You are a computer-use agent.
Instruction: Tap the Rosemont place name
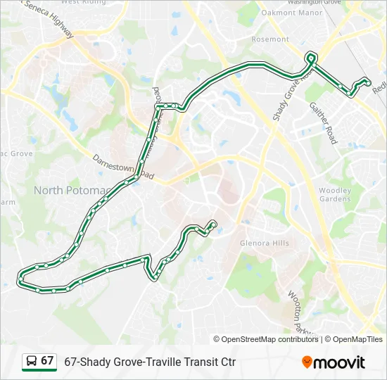point(270,39)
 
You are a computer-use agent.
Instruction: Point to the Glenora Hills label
point(264,243)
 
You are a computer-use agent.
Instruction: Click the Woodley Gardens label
point(334,194)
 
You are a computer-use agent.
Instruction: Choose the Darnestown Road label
point(123,167)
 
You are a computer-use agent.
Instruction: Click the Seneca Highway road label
point(49,18)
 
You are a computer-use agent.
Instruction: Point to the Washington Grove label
point(314,2)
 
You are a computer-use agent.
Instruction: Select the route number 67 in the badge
point(47,361)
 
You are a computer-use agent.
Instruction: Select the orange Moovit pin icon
point(307,362)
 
